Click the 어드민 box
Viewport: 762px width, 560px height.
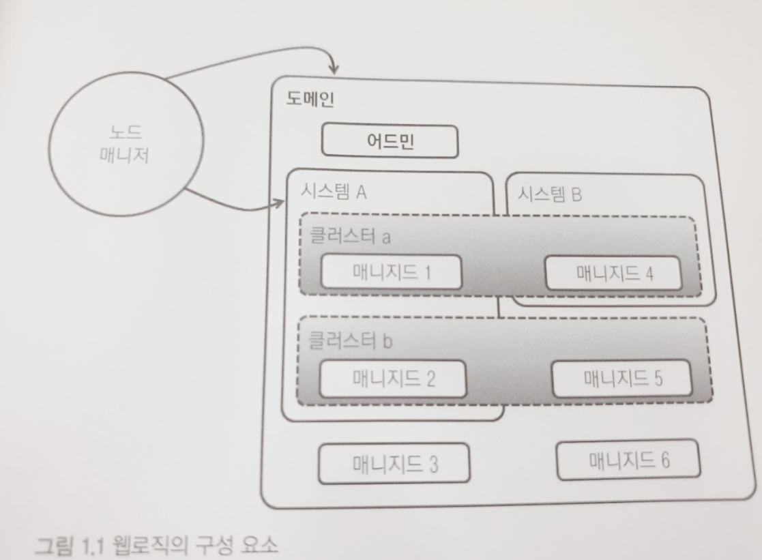pos(390,142)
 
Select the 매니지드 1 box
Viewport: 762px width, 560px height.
pos(391,273)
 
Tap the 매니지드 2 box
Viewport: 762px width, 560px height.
pos(393,379)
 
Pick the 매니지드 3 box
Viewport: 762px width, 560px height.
pos(394,463)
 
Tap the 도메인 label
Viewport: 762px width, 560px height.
pos(310,100)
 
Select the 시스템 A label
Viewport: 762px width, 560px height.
pos(334,192)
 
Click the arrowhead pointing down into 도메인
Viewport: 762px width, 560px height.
pos(334,69)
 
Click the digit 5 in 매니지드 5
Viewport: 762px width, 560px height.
pos(658,378)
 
